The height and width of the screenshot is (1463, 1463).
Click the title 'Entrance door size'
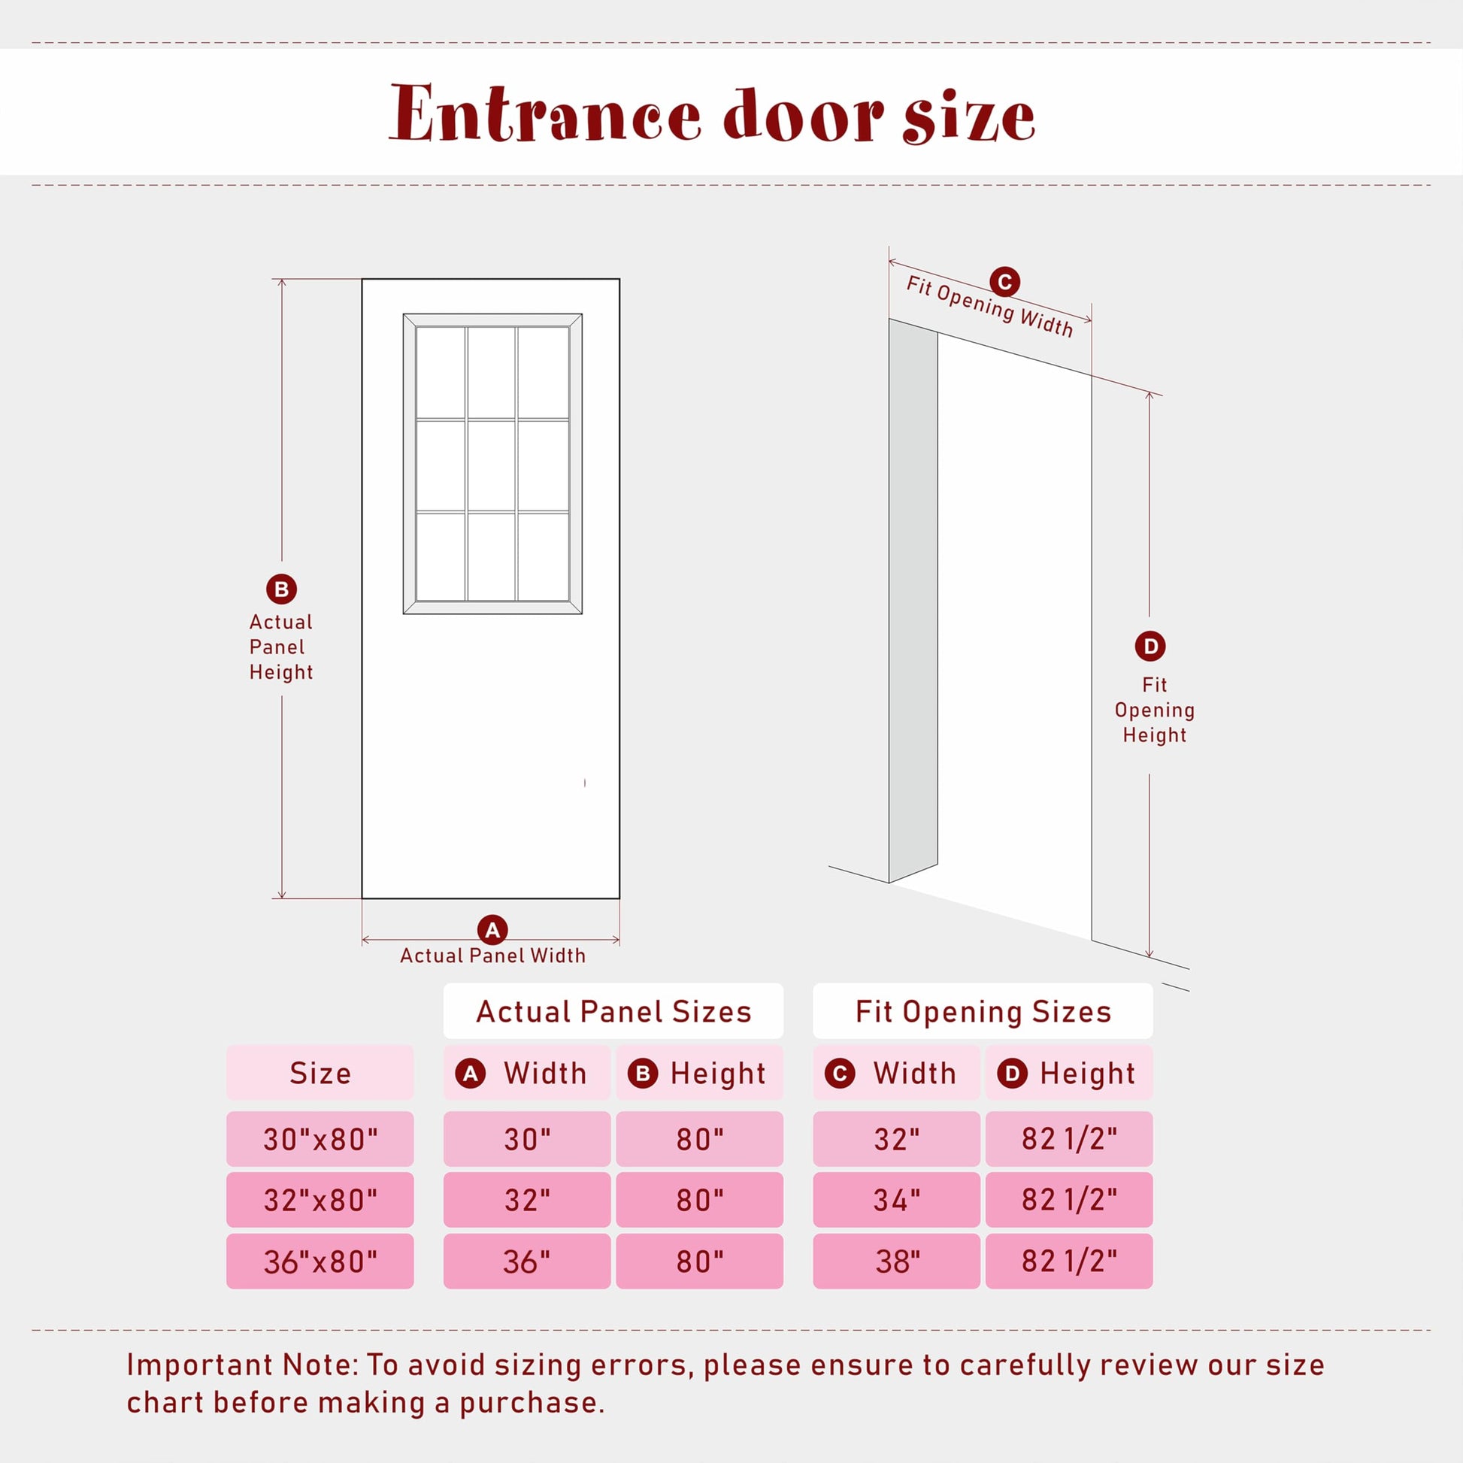pyautogui.click(x=712, y=114)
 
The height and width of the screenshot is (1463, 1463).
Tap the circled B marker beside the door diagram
pyautogui.click(x=282, y=589)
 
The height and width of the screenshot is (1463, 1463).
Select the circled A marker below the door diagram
pyautogui.click(x=492, y=930)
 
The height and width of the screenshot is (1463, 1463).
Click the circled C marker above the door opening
pyautogui.click(x=1005, y=283)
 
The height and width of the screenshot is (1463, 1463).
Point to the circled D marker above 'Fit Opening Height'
pyautogui.click(x=1150, y=646)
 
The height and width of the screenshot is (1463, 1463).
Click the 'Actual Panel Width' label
pyautogui.click(x=493, y=956)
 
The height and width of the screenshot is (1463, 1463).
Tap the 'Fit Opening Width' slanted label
pyautogui.click(x=989, y=306)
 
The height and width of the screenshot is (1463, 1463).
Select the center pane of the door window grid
pyautogui.click(x=492, y=465)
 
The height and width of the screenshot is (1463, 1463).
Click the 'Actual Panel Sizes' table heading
pyautogui.click(x=613, y=1012)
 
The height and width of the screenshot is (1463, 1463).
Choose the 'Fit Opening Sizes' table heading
pyautogui.click(x=983, y=1012)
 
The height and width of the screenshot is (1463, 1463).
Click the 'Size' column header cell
pyautogui.click(x=320, y=1073)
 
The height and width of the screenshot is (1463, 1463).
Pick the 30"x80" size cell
pyautogui.click(x=320, y=1139)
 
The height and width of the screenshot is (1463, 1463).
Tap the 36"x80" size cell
pyautogui.click(x=320, y=1262)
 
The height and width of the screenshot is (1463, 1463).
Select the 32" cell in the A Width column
pyautogui.click(x=527, y=1200)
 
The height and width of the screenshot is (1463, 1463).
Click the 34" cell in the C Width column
pyautogui.click(x=897, y=1200)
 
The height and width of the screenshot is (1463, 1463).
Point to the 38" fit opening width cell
pyautogui.click(x=897, y=1262)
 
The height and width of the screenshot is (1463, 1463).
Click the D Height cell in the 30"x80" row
pyautogui.click(x=1069, y=1139)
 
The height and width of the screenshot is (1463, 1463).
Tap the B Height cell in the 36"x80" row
pyautogui.click(x=700, y=1262)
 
